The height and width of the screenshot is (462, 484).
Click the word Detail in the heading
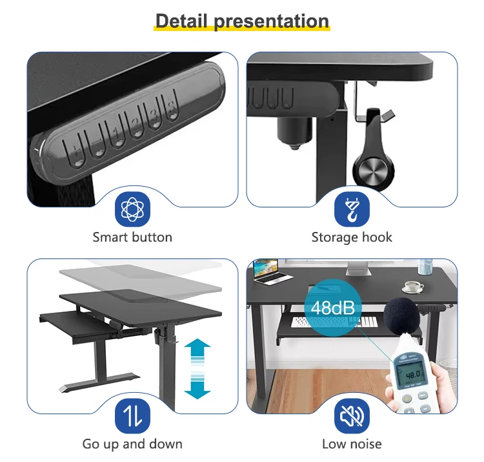(x=181, y=21)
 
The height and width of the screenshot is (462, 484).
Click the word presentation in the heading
(x=272, y=22)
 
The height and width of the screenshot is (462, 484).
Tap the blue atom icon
(x=132, y=209)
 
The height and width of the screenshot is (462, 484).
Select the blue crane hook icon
(x=352, y=209)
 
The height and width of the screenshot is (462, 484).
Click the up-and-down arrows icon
(x=132, y=416)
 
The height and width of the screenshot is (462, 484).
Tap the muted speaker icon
(x=352, y=416)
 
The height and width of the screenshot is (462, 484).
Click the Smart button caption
(x=132, y=237)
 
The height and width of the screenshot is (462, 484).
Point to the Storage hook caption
(x=352, y=238)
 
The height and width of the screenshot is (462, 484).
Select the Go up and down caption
(x=132, y=445)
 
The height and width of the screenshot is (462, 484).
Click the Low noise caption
(x=352, y=444)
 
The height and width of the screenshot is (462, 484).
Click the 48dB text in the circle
(x=333, y=308)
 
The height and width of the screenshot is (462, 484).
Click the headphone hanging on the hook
(x=374, y=149)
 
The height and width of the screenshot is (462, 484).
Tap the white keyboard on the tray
(x=334, y=322)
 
